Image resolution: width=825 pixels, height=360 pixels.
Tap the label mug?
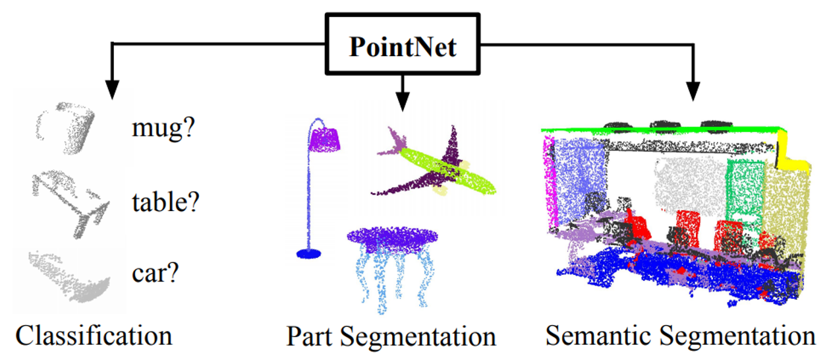tap(161, 129)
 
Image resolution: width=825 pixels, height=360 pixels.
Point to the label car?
tap(154, 272)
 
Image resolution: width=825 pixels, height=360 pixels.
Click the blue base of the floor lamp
tap(308, 253)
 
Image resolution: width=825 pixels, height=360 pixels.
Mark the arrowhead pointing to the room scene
tap(693, 92)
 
